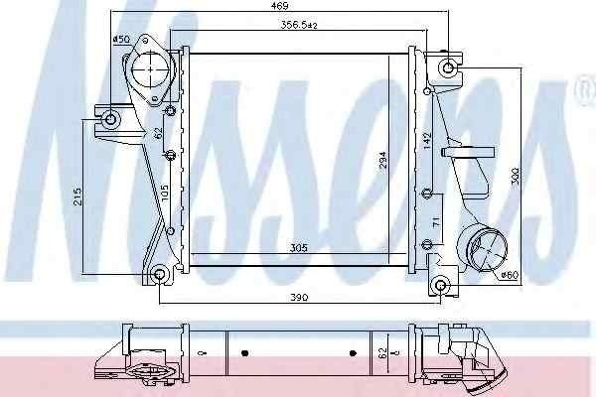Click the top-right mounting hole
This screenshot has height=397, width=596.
[x=447, y=68]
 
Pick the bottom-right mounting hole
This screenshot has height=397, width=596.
[x=442, y=287]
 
